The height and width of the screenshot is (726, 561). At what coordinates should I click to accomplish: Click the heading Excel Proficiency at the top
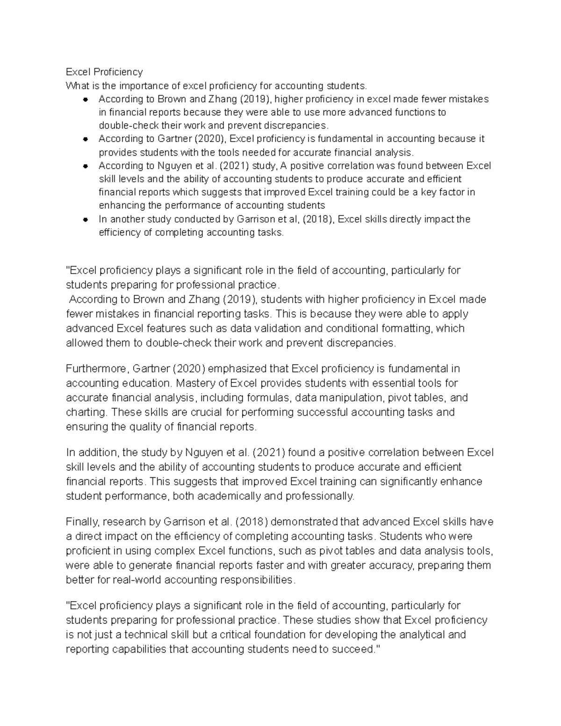[104, 72]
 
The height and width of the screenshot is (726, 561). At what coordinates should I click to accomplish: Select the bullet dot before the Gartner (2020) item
[85, 139]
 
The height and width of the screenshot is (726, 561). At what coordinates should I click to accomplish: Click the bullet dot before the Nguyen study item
[85, 166]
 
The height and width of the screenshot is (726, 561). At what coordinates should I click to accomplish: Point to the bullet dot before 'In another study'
[85, 219]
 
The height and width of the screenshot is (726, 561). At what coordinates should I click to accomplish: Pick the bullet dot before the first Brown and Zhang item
[85, 99]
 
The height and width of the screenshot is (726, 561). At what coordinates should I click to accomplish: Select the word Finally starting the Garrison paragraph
[83, 522]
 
